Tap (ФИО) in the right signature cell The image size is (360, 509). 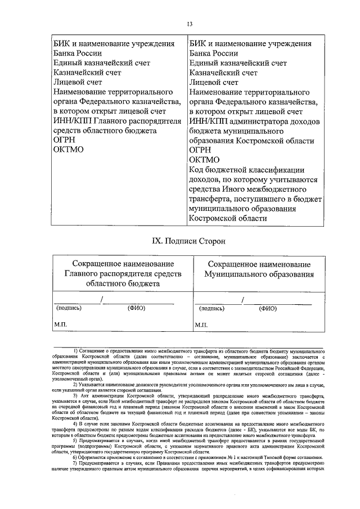pyautogui.click(x=268, y=308)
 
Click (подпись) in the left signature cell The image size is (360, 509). pyautogui.click(x=69, y=308)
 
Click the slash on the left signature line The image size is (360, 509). pyautogui.click(x=101, y=300)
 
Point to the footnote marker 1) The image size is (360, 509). pyautogui.click(x=76, y=351)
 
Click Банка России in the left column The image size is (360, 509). pyautogui.click(x=78, y=53)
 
